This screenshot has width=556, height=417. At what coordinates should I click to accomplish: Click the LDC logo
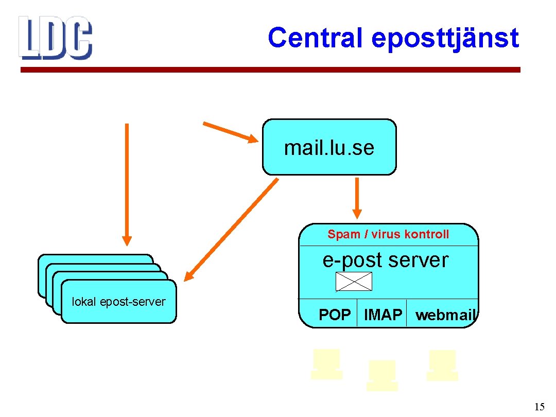pos(55,37)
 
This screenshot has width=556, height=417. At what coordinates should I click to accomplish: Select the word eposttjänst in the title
pos(445,38)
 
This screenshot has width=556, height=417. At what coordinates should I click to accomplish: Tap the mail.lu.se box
pos(329,147)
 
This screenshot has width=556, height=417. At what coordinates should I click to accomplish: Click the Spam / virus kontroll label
pos(388,235)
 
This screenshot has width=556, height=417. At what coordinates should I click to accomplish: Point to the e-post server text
pos(386,260)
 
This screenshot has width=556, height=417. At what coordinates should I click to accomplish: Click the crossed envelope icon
pos(354,282)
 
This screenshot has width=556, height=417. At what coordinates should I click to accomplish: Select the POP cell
pos(334,315)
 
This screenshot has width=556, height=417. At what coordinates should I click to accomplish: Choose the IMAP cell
pos(383,315)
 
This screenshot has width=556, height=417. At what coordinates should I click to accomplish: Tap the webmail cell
pos(445,315)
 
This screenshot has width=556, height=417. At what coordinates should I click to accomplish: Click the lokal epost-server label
pos(118,302)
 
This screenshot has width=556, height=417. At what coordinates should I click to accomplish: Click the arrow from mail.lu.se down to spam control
pos(357,198)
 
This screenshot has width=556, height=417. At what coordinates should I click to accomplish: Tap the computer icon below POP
pos(326,364)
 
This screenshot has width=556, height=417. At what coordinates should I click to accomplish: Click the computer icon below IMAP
pos(382,375)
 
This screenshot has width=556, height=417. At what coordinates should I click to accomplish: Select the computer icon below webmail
pos(442,365)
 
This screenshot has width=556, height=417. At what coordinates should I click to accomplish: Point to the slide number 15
pos(539,407)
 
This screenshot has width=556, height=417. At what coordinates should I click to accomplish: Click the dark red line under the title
pos(270,70)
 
